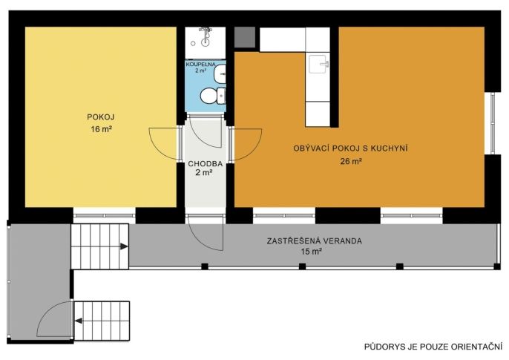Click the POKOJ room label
(x=101, y=117)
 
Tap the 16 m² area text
(x=102, y=129)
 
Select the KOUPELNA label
(x=200, y=65)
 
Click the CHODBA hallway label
(x=206, y=164)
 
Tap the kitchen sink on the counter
(x=318, y=64)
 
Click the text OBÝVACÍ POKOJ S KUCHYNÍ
(x=350, y=148)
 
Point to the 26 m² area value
(x=351, y=161)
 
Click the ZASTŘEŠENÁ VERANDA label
(x=315, y=240)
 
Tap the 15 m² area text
(x=312, y=252)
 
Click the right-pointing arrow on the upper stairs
(x=124, y=246)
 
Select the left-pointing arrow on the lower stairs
(x=79, y=321)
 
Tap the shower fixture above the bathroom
(x=205, y=36)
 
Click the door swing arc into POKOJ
(x=164, y=143)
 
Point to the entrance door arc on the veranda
(x=206, y=235)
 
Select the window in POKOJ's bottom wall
(x=104, y=215)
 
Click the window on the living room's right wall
(x=492, y=123)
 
